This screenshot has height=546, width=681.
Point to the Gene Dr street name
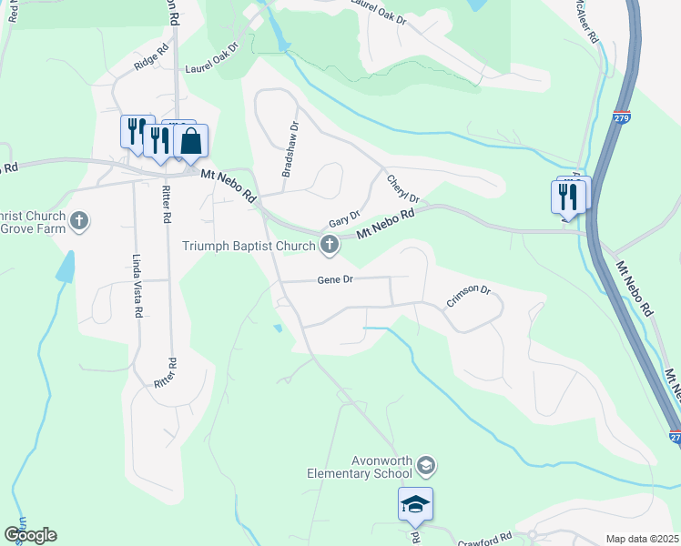[x=334, y=280]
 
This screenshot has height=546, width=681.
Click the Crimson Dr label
[x=468, y=297]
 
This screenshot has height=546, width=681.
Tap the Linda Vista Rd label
[x=138, y=285]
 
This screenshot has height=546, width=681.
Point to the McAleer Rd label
[x=585, y=22]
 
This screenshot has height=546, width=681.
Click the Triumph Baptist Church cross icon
[x=329, y=244]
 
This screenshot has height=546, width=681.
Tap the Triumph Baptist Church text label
[x=247, y=245]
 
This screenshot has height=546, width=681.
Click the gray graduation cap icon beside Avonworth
[x=425, y=467]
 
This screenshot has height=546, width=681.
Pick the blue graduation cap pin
[x=415, y=504]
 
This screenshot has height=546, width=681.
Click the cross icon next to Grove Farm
[x=79, y=220]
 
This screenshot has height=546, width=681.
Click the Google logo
[x=30, y=535]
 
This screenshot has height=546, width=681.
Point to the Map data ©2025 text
[x=641, y=539]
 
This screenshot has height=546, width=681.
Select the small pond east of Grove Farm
[x=66, y=266]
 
